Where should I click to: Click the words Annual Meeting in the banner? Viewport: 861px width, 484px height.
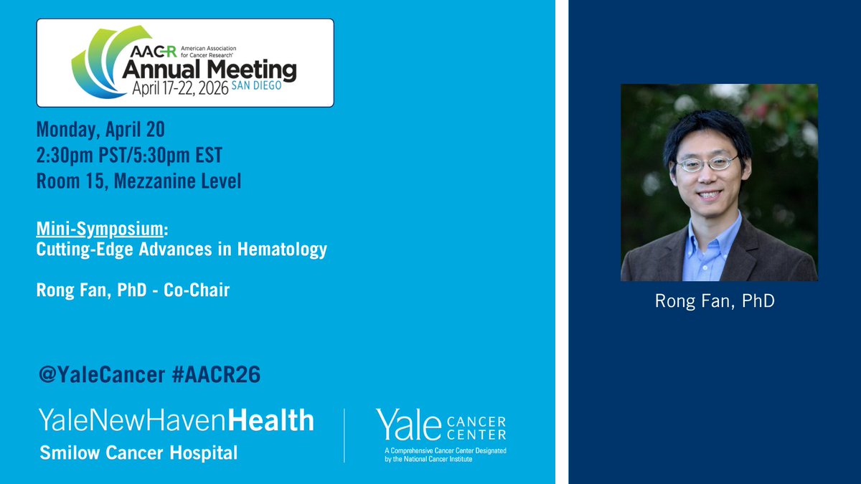pos(209,70)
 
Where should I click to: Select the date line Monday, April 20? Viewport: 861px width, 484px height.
pos(100,130)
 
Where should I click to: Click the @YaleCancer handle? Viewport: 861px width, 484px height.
pos(95,374)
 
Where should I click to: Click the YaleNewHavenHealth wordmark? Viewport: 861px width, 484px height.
pos(176,420)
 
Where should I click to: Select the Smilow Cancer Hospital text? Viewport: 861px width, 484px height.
pos(138,452)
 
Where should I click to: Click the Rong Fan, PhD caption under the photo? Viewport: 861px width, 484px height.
pos(715,300)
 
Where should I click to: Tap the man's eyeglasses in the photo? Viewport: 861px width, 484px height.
pos(708,163)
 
